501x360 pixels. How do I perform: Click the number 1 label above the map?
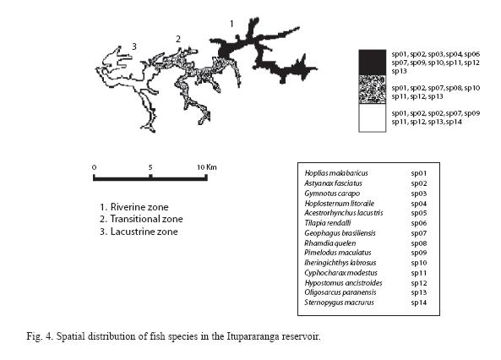(231, 24)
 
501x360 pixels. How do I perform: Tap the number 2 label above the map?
(178, 39)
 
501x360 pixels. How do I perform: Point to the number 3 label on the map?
(134, 46)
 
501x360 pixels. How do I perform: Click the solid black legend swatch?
(373, 63)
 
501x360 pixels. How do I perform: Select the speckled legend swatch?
(373, 90)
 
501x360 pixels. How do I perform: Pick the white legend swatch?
(373, 117)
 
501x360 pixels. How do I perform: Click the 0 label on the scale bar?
(94, 167)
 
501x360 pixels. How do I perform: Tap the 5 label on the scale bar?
(150, 167)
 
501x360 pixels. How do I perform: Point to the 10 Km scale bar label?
(207, 166)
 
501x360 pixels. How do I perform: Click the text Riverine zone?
(139, 207)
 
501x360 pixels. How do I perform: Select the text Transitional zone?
(146, 219)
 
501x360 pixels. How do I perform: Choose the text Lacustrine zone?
(144, 232)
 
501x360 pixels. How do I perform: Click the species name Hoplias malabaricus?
(336, 173)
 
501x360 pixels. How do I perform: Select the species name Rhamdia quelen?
(330, 243)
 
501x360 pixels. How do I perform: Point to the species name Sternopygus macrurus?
(339, 303)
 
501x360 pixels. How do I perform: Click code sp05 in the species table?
(419, 213)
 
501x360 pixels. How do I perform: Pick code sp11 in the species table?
(419, 273)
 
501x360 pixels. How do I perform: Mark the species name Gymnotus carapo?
(332, 194)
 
